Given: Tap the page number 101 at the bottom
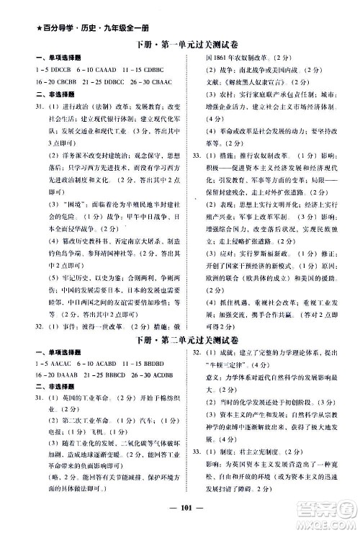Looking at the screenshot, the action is coord(179,516).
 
